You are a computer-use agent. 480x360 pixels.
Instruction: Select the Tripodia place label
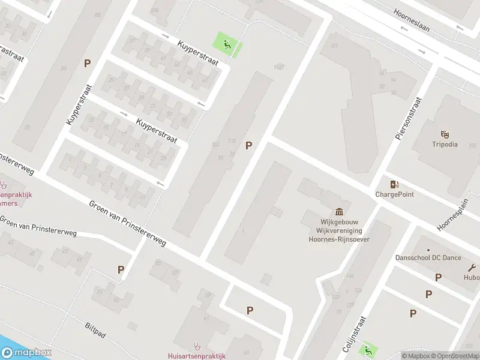(445, 145)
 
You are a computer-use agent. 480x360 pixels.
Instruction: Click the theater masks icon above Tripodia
(445, 133)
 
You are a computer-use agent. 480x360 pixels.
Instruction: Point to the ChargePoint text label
(394, 194)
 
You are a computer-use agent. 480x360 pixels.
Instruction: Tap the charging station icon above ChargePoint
(394, 184)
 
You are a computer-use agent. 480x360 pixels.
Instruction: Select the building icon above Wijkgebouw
(339, 211)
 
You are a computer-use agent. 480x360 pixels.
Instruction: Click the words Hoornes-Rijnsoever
(339, 239)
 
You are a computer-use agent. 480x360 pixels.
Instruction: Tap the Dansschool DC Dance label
(428, 257)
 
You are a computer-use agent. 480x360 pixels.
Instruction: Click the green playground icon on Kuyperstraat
(226, 43)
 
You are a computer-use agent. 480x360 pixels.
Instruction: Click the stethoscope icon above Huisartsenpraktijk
(196, 346)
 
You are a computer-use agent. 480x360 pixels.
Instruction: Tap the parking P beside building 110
(248, 145)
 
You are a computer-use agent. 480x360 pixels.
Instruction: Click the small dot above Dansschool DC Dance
(428, 250)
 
